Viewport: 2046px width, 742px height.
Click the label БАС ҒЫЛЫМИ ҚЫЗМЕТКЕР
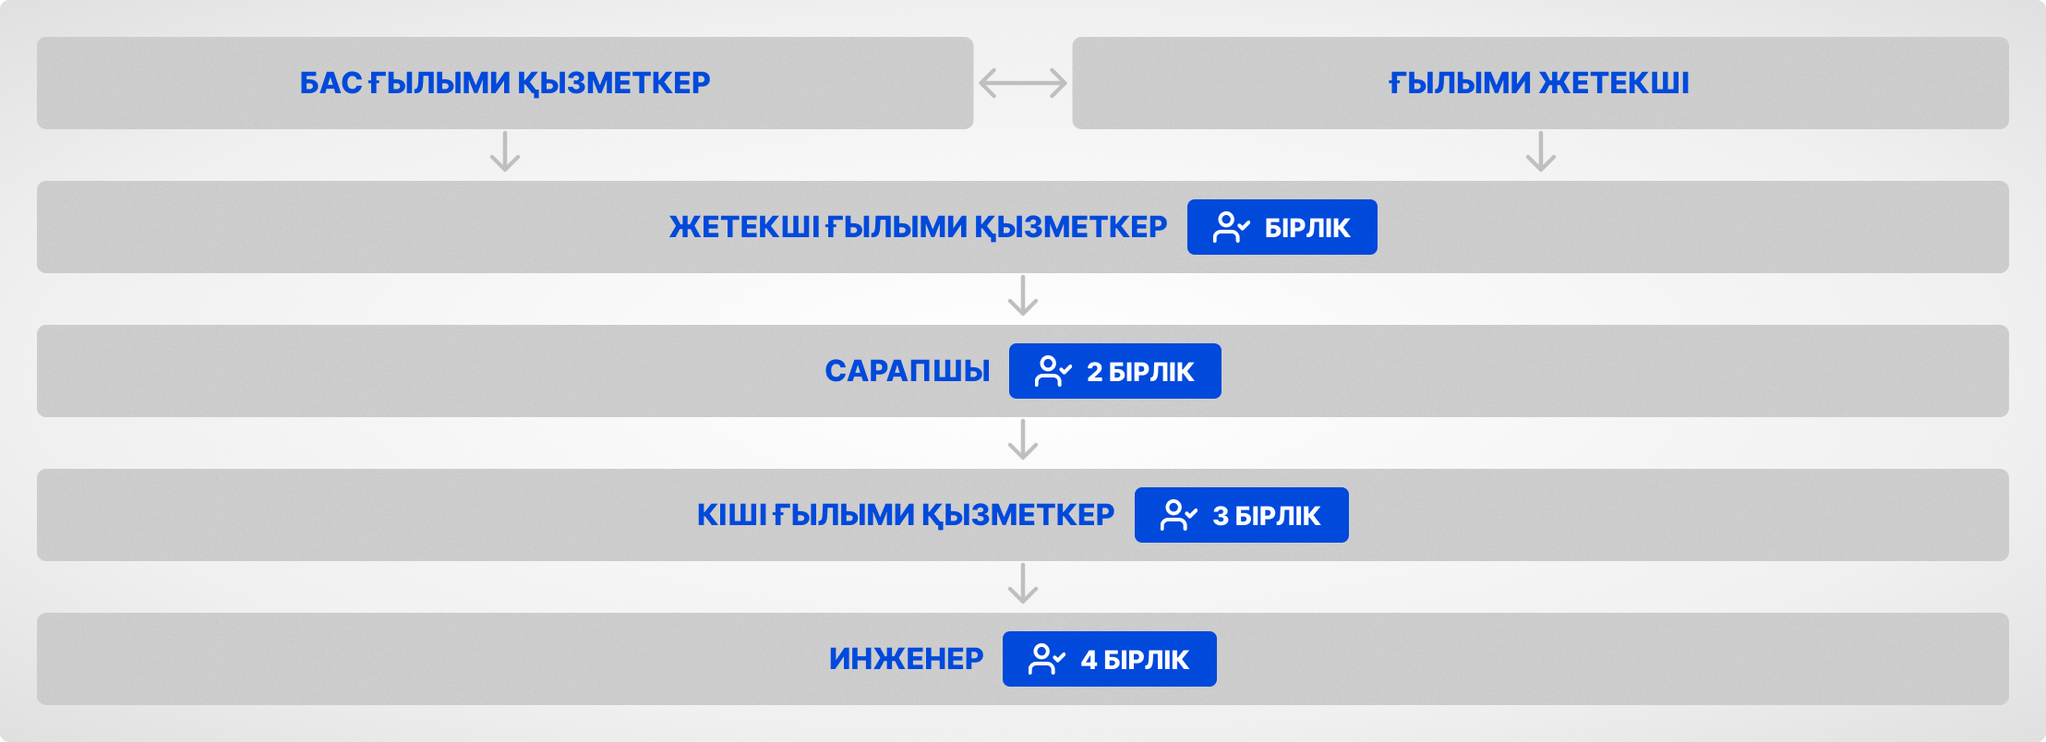505,83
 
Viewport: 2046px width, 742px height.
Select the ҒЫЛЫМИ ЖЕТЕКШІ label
1539,83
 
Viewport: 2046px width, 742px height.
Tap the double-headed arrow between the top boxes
1023,83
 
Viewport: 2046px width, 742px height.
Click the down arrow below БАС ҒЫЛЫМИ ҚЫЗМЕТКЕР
505,151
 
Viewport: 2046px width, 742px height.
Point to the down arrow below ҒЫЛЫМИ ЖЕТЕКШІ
1541,151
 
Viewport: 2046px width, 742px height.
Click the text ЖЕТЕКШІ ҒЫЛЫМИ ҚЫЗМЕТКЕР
919,227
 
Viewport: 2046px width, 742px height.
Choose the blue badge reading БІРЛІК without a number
1282,227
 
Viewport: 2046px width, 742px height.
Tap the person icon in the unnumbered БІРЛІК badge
1231,227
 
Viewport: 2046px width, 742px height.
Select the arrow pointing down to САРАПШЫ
1023,295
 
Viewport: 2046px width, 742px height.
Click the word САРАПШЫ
908,371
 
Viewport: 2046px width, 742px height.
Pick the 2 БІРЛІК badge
1115,371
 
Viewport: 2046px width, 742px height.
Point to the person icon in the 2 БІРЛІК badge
1053,371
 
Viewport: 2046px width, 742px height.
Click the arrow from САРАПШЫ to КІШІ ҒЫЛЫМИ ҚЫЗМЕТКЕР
1023,439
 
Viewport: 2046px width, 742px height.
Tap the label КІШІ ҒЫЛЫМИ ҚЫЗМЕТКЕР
906,515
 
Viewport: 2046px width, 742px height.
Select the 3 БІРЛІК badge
1242,515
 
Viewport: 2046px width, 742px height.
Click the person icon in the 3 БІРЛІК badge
1178,515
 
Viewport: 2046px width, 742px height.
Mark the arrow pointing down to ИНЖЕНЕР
1023,583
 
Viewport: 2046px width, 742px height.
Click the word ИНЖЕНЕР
907,659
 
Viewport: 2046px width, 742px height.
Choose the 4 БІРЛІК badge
1110,659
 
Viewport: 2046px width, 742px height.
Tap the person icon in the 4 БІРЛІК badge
1046,659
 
